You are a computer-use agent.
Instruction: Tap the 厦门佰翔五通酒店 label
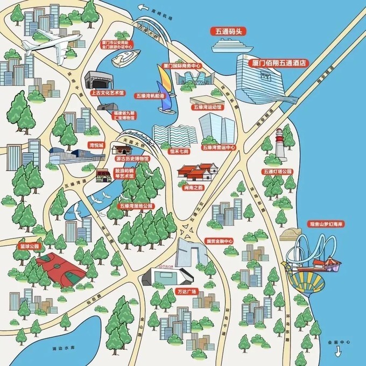(x=279, y=62)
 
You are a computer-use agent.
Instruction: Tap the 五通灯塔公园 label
(x=277, y=171)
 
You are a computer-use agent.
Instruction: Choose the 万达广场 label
(x=187, y=291)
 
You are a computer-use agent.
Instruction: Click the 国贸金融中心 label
(x=219, y=241)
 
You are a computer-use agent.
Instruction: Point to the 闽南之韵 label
(x=193, y=187)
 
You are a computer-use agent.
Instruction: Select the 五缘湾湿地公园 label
(x=136, y=206)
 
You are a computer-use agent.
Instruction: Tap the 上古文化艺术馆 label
(x=107, y=93)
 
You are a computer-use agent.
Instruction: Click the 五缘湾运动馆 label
(x=207, y=107)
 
